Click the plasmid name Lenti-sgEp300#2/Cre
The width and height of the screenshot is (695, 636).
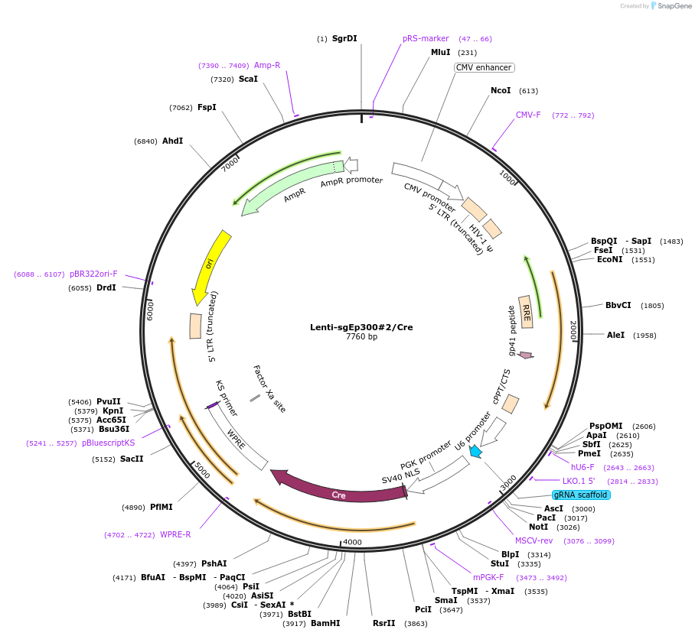(x=361, y=327)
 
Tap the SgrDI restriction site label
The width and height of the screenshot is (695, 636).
(x=344, y=38)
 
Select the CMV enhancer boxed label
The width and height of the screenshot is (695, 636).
(x=484, y=67)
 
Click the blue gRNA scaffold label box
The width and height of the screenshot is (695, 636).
(x=581, y=495)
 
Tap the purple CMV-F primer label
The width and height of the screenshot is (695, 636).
(x=528, y=115)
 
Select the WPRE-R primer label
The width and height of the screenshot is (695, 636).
(x=175, y=534)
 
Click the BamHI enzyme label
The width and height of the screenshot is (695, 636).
(x=325, y=623)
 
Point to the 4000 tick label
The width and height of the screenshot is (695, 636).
(x=352, y=542)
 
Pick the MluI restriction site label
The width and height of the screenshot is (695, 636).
(x=441, y=52)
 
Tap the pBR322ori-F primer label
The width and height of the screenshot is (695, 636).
(x=94, y=274)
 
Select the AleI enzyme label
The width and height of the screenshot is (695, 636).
(x=616, y=335)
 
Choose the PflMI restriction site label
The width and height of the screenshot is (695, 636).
(x=162, y=507)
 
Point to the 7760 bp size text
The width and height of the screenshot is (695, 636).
(x=361, y=337)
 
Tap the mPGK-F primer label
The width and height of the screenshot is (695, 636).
(x=488, y=577)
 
